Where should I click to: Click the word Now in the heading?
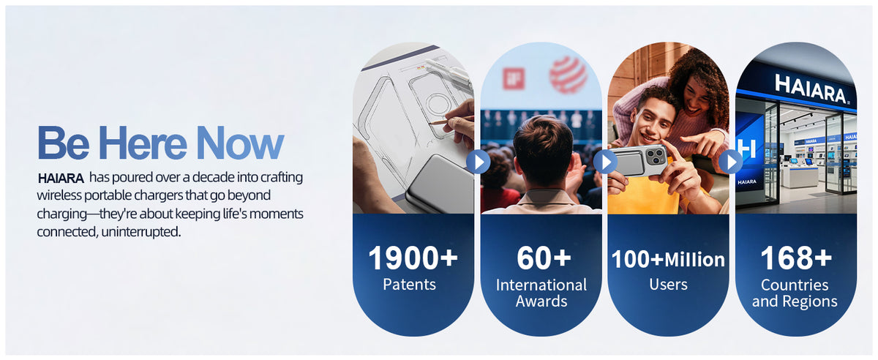coord(240,143)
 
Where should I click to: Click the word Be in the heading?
coord(64,143)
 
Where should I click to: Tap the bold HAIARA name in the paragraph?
coord(61,179)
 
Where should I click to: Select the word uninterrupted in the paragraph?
coord(141,232)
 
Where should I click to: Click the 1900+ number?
coord(413,258)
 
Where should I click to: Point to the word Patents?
coord(409,285)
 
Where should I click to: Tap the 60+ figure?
coord(544,258)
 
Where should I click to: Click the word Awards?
coord(541,301)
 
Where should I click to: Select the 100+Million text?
coord(668,259)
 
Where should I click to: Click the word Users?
coord(668,285)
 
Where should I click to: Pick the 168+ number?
coord(796,258)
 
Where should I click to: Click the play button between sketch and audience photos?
coord(479,162)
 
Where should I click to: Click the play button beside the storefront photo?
coord(731,162)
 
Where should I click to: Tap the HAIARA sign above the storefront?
coord(811,90)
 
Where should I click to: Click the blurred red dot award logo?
coord(568,75)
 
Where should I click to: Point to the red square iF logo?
coord(514,78)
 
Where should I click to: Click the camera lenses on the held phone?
coord(656,156)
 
